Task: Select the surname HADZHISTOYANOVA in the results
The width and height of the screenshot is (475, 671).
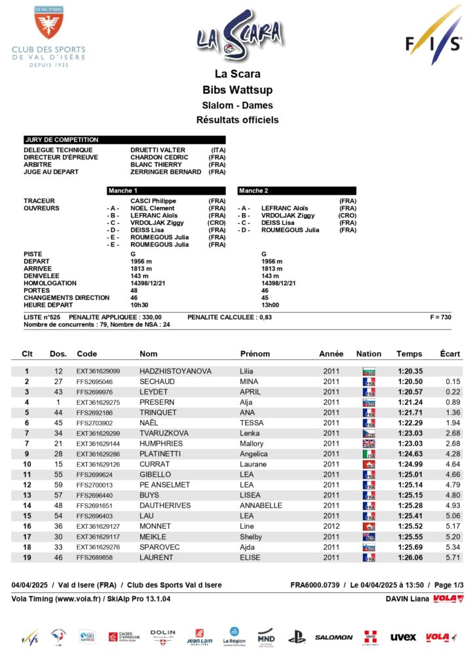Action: (176, 371)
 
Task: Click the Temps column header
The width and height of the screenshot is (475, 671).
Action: (409, 354)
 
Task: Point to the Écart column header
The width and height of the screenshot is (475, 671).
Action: (449, 354)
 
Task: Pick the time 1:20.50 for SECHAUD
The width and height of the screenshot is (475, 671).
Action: (410, 381)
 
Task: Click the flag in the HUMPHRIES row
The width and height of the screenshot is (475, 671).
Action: (368, 444)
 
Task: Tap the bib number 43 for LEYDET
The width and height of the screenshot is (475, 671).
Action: (58, 392)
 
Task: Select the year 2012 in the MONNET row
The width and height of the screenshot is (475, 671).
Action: (331, 526)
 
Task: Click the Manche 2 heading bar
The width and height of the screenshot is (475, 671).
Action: (297, 191)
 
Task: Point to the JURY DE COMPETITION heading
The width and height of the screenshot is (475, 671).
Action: (62, 140)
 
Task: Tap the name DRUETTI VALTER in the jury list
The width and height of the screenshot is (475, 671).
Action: (158, 150)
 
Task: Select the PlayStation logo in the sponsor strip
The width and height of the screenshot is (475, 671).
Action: (297, 636)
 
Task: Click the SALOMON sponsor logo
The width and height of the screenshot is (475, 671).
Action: (334, 637)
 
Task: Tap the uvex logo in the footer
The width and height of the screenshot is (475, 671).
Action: (403, 637)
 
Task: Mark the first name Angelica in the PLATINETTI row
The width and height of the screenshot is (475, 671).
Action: (254, 454)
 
